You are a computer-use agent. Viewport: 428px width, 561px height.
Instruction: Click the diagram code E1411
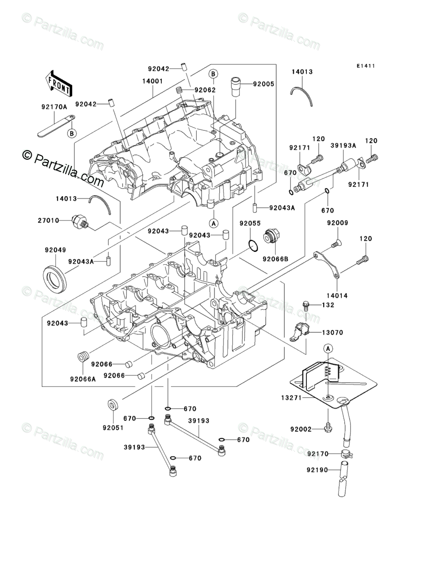[365, 66]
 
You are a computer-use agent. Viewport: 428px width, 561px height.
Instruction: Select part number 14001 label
[153, 81]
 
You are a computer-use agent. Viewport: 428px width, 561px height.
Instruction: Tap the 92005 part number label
[263, 84]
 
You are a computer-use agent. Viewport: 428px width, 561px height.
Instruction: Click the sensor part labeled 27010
[80, 221]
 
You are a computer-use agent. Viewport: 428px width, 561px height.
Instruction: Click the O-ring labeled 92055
[253, 246]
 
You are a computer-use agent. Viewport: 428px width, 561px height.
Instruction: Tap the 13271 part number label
[292, 397]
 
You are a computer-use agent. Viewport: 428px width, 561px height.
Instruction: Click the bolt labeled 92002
[327, 427]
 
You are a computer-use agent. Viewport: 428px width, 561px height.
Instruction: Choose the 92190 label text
[317, 470]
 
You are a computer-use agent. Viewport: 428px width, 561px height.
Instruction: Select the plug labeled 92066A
[83, 357]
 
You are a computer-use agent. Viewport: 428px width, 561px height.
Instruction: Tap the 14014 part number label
[337, 295]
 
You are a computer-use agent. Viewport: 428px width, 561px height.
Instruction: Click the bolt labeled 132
[306, 305]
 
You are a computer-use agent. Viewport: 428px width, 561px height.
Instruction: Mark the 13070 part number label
[332, 332]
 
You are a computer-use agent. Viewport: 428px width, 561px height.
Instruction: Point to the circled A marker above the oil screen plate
[328, 348]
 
